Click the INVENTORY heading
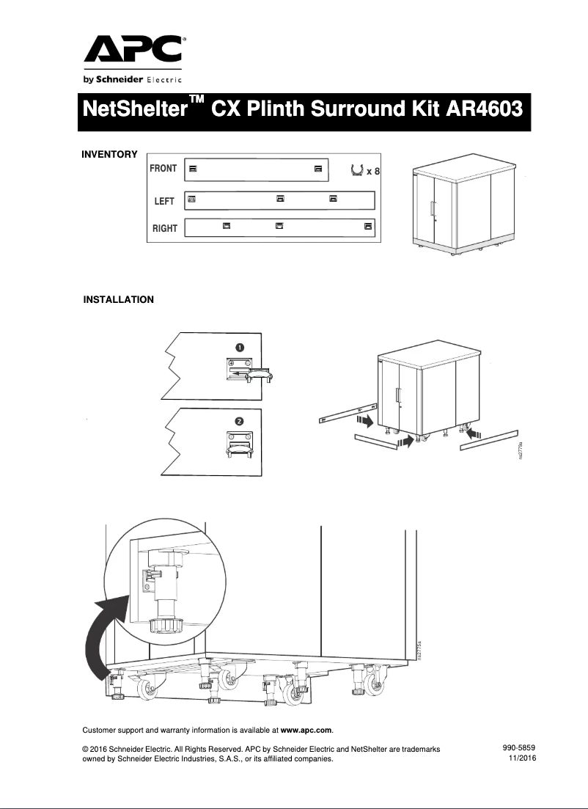tap(109, 154)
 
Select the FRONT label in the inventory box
tap(163, 169)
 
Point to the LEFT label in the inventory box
tap(164, 201)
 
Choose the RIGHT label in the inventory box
tap(164, 228)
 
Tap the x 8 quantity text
tap(374, 172)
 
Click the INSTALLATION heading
tap(118, 299)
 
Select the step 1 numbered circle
tap(240, 347)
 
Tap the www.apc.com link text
tap(306, 731)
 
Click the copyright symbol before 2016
tap(86, 749)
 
